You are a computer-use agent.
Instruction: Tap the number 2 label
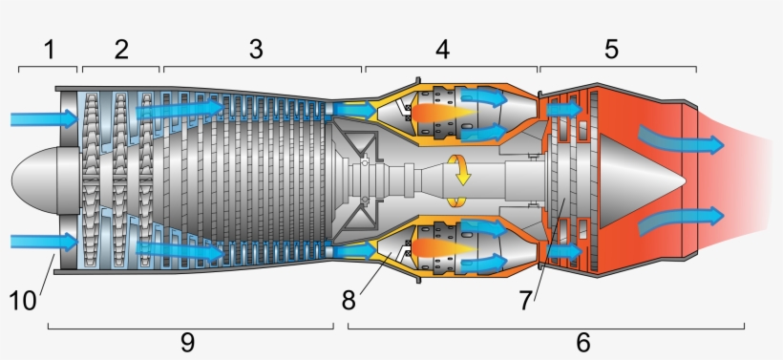coord(120,49)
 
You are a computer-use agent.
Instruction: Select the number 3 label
coord(255,49)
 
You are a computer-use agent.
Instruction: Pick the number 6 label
coord(583,342)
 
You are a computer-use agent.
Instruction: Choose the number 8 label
coord(349,301)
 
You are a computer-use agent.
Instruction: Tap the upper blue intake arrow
coord(44,119)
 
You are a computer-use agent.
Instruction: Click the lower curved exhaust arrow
coord(682,219)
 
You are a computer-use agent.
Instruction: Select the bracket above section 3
coord(263,69)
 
